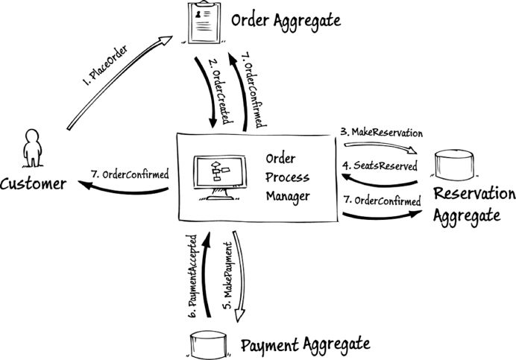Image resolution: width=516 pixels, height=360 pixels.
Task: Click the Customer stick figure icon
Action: coord(32,148)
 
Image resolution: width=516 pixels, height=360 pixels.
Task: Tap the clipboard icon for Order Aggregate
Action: coord(204,22)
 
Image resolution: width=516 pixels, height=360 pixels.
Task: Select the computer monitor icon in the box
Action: coord(219,177)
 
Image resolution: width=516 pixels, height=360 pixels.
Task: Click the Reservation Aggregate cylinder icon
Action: coord(454,165)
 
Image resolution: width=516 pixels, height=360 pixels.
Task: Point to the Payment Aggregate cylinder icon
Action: coord(209,344)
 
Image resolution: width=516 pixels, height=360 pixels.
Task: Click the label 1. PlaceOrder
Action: coord(104,66)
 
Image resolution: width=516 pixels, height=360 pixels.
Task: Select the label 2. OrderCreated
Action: coord(221,92)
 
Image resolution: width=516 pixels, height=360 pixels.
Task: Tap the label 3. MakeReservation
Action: coord(381,132)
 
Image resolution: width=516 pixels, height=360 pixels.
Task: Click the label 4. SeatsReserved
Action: coord(380,165)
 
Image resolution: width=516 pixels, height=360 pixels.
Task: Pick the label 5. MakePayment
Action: coord(228,276)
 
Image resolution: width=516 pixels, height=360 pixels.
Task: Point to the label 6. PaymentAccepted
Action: coord(193,276)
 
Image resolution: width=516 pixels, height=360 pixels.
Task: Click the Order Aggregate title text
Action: coord(286,21)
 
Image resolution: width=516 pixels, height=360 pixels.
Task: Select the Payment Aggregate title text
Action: coord(306,346)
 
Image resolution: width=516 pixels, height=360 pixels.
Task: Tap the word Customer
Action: coord(34,183)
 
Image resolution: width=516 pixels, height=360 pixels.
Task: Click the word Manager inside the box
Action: coord(288,197)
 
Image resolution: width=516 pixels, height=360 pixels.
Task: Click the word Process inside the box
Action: coord(287,177)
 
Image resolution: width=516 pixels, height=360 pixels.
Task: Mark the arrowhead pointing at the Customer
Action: coord(85,184)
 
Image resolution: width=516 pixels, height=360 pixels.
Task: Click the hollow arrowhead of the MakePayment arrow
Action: coord(240,316)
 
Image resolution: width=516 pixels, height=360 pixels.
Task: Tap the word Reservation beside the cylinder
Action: coord(474,194)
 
